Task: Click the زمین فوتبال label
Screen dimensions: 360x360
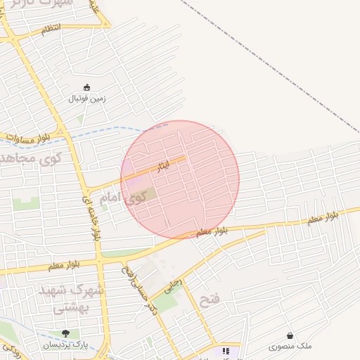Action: [x=86, y=98]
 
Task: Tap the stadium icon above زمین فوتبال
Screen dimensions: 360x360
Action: [x=86, y=88]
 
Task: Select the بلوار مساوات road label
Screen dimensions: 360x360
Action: [x=26, y=136]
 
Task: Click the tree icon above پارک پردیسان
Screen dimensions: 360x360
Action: [x=65, y=334]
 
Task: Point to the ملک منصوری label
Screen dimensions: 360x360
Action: [x=290, y=347]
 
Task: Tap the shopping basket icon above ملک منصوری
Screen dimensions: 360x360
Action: [x=290, y=336]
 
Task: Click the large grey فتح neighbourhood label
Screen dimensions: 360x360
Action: [x=209, y=301]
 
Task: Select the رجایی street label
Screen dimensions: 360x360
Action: [x=172, y=284]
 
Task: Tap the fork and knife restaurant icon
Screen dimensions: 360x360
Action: [x=226, y=351]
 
